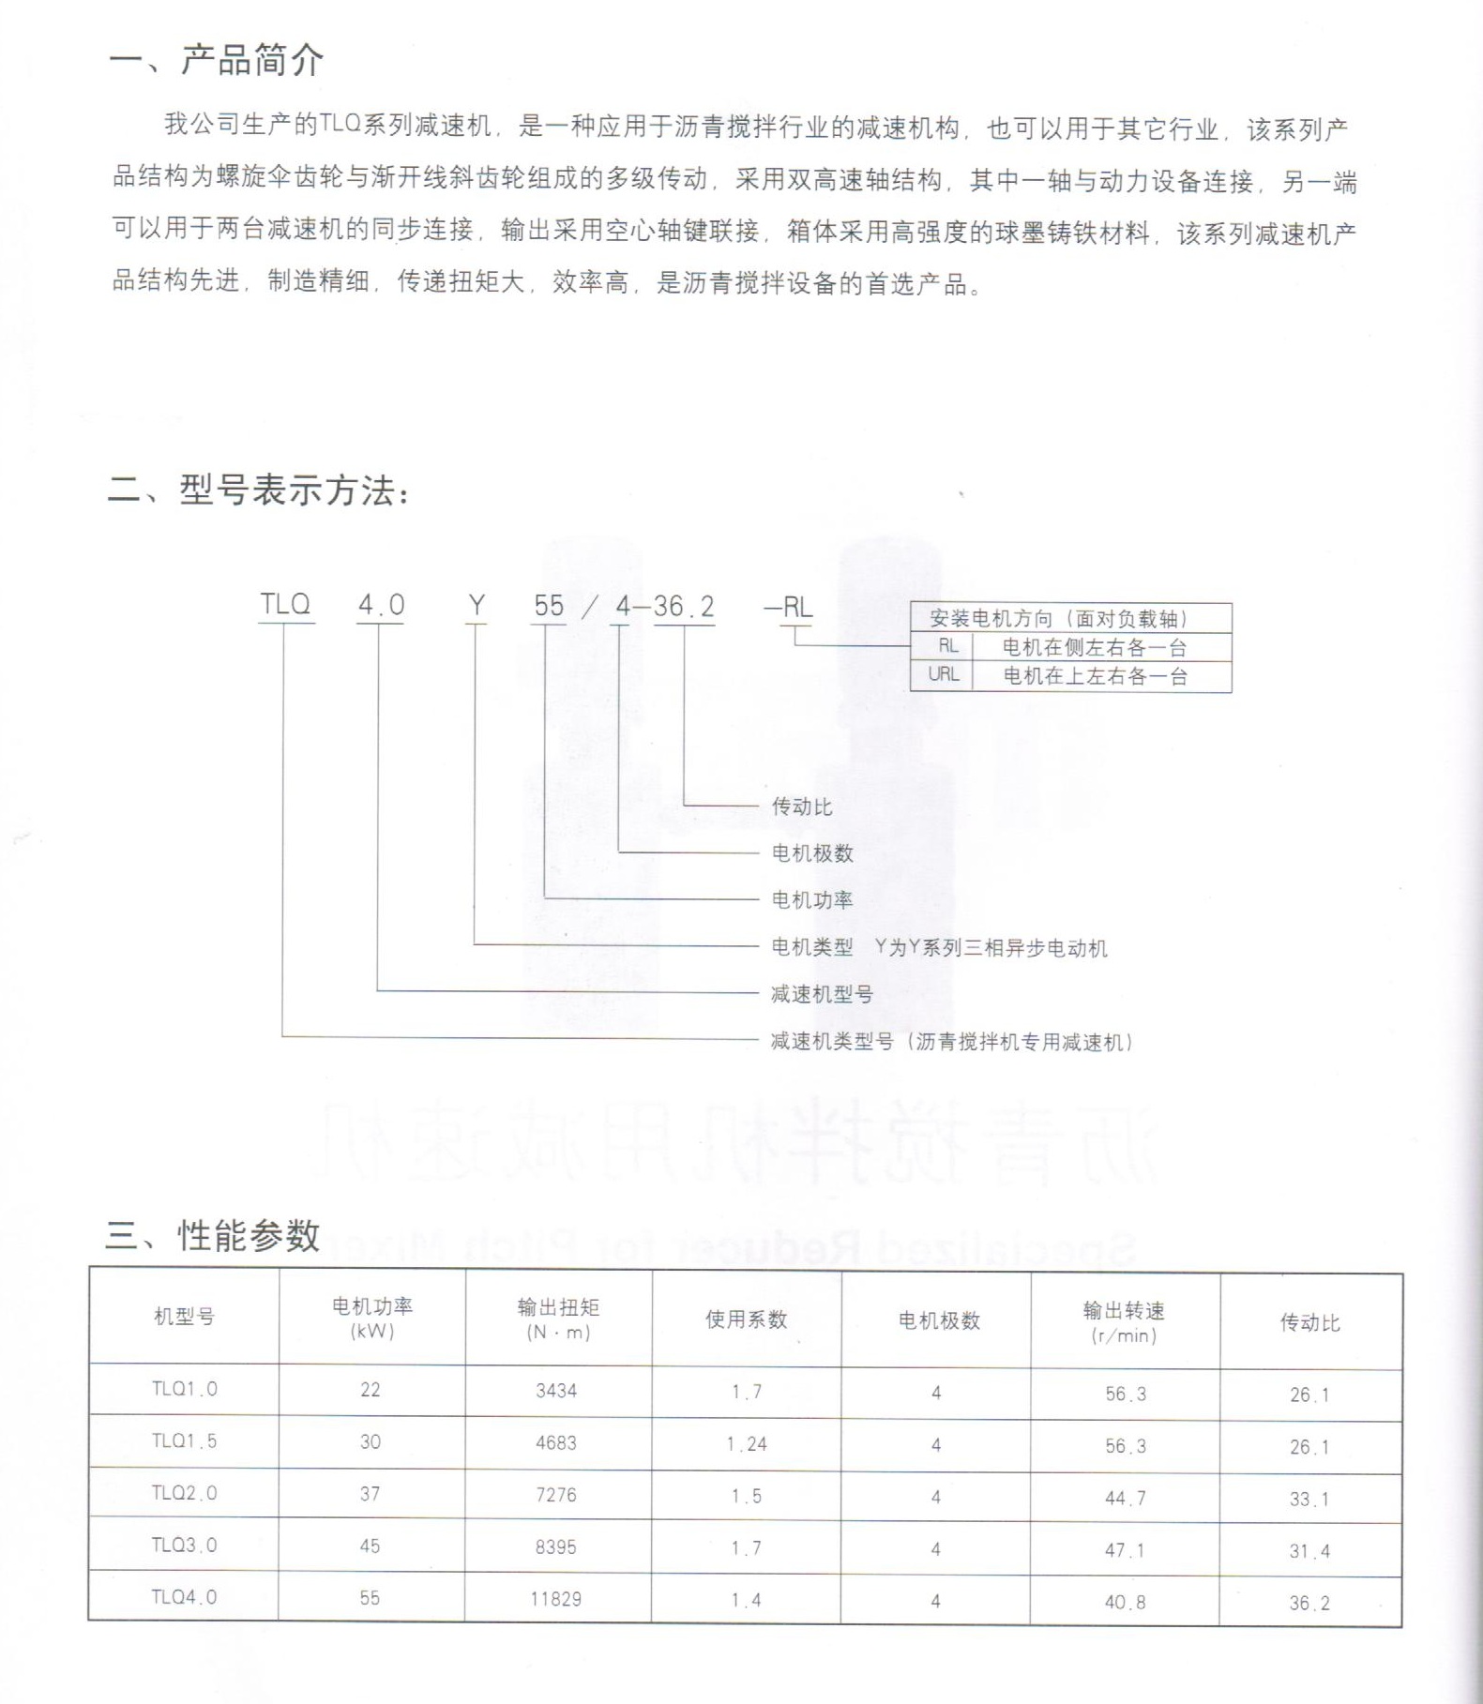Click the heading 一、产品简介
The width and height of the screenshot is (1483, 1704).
(217, 60)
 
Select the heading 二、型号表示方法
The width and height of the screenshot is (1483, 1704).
(259, 490)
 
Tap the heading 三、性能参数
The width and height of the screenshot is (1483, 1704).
(213, 1235)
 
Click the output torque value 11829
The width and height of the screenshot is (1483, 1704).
(555, 1599)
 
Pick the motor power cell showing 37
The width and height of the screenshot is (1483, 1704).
(371, 1494)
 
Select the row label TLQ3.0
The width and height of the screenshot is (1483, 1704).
(184, 1546)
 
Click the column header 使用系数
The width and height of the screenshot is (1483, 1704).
(746, 1319)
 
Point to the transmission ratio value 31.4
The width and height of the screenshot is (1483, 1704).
(1309, 1551)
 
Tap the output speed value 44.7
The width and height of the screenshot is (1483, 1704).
(1125, 1498)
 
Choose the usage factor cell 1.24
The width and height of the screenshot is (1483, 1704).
(747, 1444)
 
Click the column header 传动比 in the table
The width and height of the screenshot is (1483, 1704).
(1310, 1322)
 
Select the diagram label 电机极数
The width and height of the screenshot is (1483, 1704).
(812, 853)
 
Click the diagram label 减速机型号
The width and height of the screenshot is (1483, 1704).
(822, 994)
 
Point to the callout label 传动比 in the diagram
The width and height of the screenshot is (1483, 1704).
(802, 807)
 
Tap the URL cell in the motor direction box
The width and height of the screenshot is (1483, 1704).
(943, 674)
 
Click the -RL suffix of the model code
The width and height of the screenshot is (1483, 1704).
(789, 607)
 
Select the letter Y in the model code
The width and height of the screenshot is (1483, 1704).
(477, 606)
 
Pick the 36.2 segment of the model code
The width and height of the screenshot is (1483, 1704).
(684, 607)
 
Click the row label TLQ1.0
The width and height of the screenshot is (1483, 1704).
(184, 1389)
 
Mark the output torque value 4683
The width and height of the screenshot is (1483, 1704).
(555, 1442)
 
